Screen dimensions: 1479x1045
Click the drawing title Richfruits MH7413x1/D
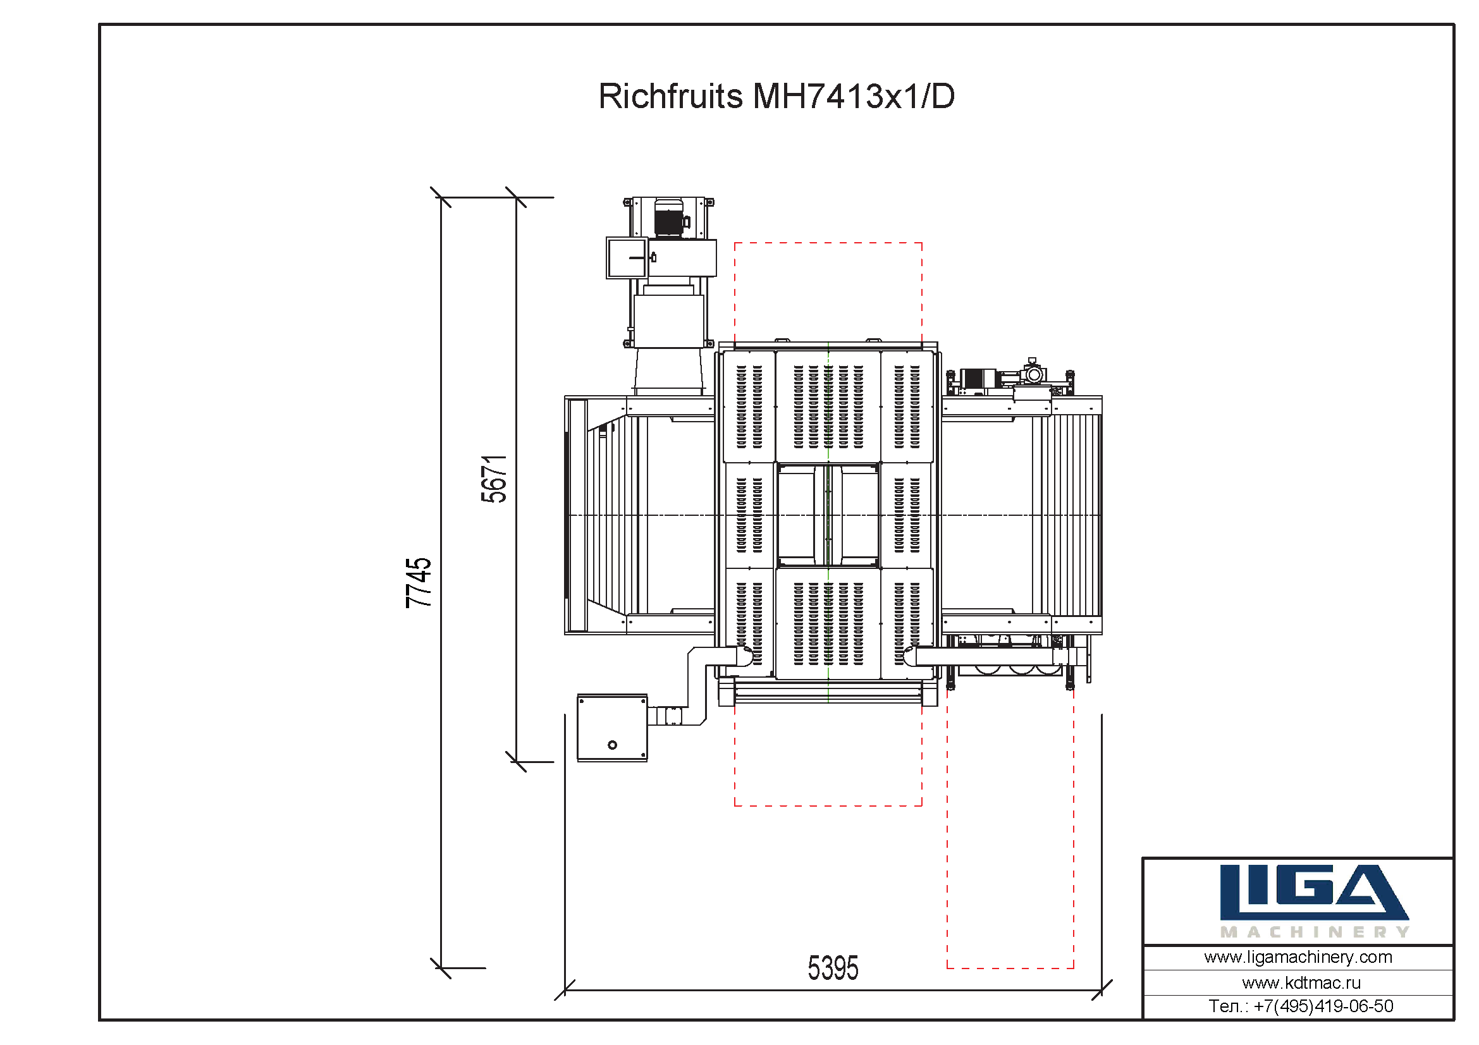coord(776,97)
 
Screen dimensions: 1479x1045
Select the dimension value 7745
coord(419,583)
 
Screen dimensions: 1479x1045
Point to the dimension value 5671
coord(494,479)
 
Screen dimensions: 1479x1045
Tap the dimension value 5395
coord(833,969)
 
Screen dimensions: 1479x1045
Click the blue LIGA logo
coord(1314,893)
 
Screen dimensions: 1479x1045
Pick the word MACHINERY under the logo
coord(1315,932)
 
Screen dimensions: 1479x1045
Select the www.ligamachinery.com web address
coord(1298,957)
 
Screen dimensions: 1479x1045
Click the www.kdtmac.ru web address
coord(1301,982)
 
